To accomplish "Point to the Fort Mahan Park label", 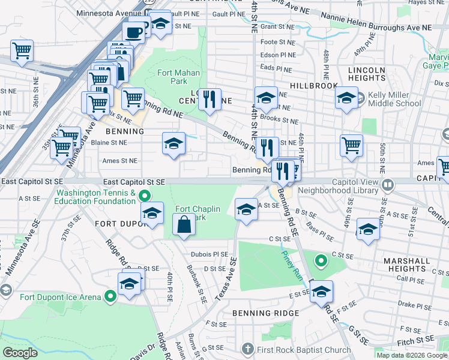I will (170, 77).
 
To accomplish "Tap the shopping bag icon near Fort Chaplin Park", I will (184, 226).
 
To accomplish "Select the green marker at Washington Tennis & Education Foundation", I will (144, 196).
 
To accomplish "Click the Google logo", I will (20, 353).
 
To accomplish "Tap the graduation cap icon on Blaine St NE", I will (173, 144).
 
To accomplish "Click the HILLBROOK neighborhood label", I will (314, 86).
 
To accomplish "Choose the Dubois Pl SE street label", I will (209, 254).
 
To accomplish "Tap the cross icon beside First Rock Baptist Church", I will (248, 350).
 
